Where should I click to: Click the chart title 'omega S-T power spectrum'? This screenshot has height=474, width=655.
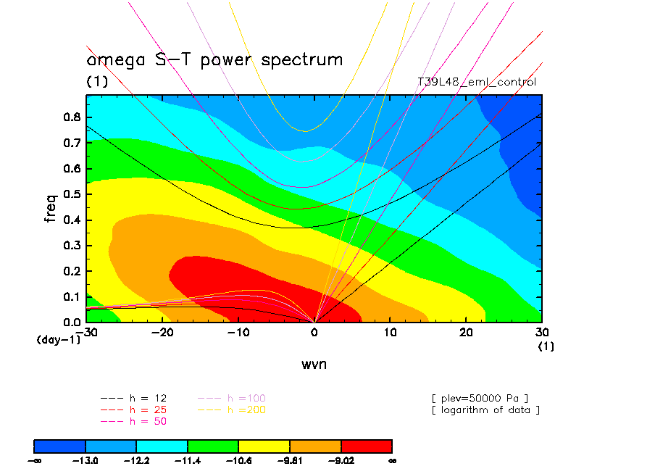[x=214, y=59]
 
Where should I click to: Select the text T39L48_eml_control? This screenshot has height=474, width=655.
[x=477, y=82]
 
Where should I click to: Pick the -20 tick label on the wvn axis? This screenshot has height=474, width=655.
[x=162, y=332]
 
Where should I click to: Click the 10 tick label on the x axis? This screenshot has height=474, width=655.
[x=390, y=332]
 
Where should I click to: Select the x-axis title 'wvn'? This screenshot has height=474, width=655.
[x=314, y=364]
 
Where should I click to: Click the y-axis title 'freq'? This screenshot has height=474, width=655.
[x=50, y=207]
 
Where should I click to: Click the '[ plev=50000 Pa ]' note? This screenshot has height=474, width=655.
[x=479, y=398]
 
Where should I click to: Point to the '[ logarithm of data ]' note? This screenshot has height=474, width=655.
[x=485, y=409]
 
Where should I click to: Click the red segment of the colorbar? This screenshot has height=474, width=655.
[x=367, y=446]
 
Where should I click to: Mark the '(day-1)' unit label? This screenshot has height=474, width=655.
[x=59, y=339]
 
